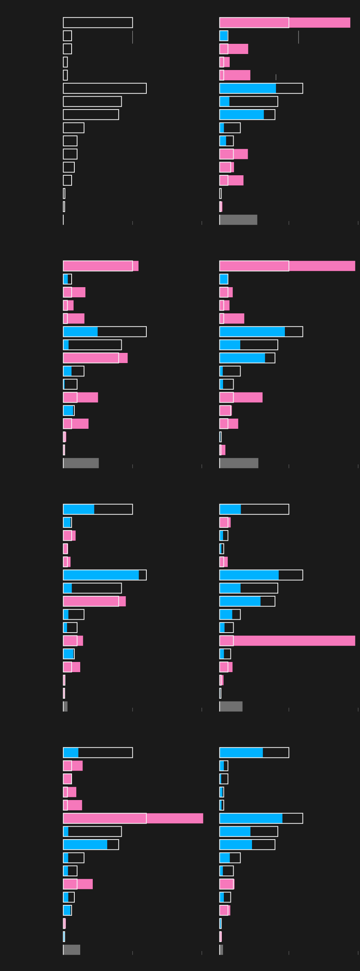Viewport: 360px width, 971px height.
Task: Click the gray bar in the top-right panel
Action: coord(238,220)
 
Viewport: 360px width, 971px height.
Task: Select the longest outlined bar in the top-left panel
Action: coord(104,88)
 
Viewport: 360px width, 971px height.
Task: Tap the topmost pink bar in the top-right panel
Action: coord(284,23)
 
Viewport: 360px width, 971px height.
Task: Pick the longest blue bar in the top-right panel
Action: coord(247,88)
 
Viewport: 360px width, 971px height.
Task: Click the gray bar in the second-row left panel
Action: coord(81,463)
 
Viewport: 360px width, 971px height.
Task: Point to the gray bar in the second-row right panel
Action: coord(239,463)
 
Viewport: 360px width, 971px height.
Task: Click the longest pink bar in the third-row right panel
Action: coord(287,641)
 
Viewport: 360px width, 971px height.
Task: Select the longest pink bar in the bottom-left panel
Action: coord(133,818)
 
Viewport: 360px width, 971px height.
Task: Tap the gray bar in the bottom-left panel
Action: coord(72,950)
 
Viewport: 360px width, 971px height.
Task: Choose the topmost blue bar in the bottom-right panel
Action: coord(241,753)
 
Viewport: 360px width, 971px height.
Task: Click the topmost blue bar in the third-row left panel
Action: coord(79,509)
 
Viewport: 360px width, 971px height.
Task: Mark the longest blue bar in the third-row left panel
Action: coord(101,575)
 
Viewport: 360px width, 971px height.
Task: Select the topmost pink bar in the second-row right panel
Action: coord(287,266)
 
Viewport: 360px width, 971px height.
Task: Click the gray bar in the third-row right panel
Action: coord(231,707)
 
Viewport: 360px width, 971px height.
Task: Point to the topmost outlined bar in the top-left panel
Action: coord(98,23)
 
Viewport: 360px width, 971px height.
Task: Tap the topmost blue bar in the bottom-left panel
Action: coord(71,753)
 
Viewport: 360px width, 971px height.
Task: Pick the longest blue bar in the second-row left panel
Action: coord(80,332)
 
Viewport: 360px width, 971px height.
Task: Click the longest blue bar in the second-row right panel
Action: coord(252,332)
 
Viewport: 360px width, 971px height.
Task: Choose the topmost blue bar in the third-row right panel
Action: coord(230,509)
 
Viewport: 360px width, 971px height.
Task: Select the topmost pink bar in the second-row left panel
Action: coord(101,266)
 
